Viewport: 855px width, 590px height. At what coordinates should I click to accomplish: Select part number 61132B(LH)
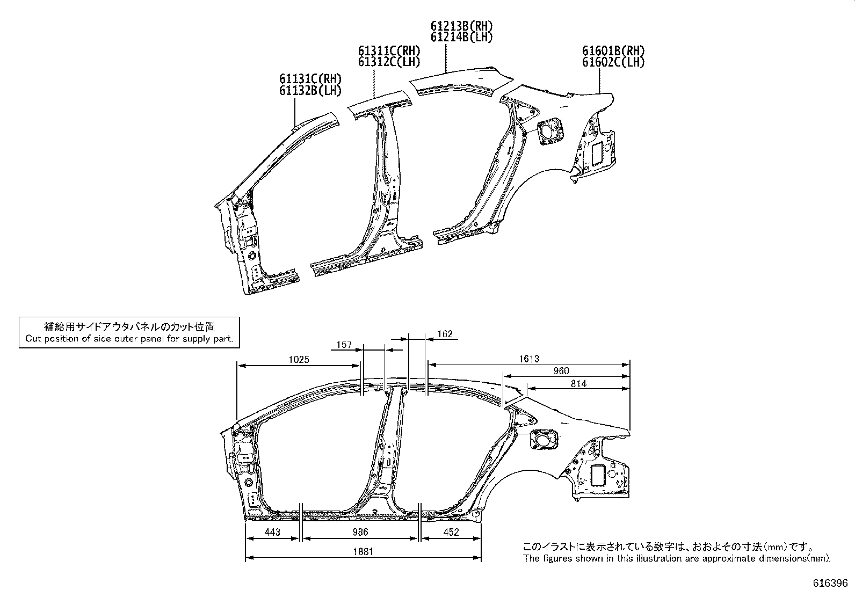(310, 91)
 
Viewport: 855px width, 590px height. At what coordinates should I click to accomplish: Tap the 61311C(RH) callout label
(389, 51)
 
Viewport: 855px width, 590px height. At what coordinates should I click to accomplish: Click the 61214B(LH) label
(461, 37)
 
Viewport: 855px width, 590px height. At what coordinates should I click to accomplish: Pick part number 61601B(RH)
(613, 51)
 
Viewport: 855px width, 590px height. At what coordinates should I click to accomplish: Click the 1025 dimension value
(299, 360)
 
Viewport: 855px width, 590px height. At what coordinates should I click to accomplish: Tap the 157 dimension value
(344, 345)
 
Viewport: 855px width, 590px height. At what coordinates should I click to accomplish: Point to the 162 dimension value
(445, 334)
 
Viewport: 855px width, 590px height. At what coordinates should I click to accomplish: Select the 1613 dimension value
(529, 359)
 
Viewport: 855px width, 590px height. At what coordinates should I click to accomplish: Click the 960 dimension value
(561, 371)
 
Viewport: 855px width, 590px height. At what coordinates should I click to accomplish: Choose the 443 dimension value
(272, 532)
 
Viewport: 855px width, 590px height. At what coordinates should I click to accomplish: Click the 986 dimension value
(360, 532)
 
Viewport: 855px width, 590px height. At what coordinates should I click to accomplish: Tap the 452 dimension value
(451, 532)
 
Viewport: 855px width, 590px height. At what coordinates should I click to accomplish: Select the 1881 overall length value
(364, 551)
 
